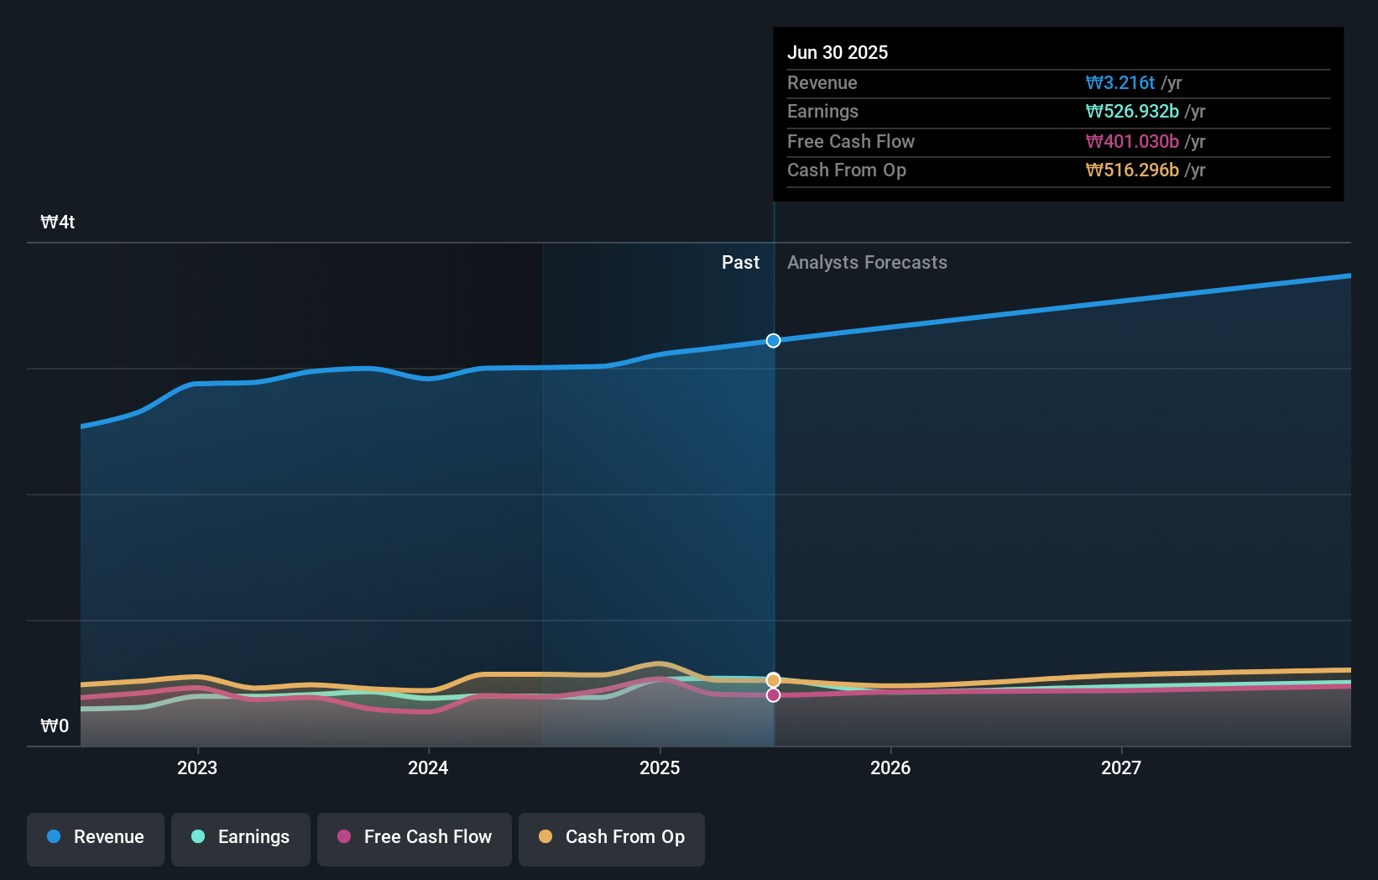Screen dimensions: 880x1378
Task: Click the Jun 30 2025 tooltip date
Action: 837,52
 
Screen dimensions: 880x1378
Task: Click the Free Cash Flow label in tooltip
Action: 850,141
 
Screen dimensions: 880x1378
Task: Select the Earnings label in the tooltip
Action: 822,111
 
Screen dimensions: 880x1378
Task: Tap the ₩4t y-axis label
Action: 58,222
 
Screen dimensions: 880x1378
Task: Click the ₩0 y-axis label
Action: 55,725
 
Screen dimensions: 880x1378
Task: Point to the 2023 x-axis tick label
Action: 197,767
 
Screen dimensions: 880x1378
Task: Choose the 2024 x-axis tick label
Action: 428,767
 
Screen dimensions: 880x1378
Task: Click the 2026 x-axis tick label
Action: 890,767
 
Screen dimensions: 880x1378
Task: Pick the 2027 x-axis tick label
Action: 1121,767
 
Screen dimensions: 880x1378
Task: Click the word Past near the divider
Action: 740,262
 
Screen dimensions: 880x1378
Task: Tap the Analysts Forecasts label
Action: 867,262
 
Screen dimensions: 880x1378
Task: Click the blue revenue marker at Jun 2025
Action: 773,340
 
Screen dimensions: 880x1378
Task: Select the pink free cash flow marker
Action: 773,694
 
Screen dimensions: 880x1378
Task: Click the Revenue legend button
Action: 96,838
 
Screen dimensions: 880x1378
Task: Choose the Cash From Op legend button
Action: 611,838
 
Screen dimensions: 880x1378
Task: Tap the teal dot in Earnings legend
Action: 198,836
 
